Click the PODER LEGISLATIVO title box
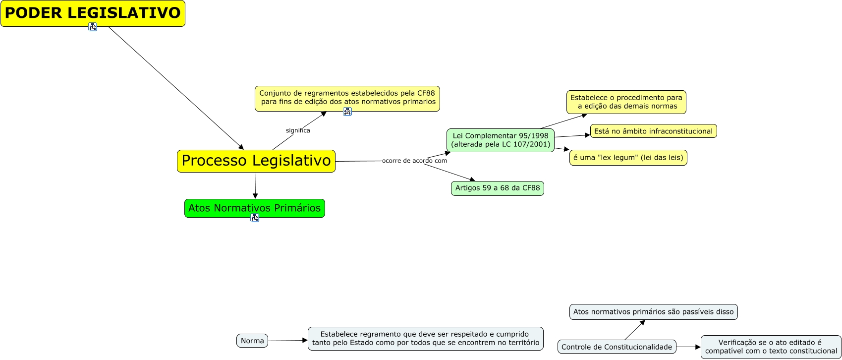[93, 13]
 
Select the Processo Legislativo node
[256, 161]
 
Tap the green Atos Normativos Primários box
[255, 208]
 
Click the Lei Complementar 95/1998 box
[501, 140]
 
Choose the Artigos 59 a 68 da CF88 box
[498, 188]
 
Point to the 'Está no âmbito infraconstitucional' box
[653, 131]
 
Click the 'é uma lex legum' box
[628, 158]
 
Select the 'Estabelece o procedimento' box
[626, 102]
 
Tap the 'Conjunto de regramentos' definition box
[347, 98]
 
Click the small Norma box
[252, 341]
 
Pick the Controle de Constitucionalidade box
[617, 347]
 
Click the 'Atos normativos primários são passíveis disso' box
[653, 312]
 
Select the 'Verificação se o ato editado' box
[771, 347]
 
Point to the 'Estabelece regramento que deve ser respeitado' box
[425, 339]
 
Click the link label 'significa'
[298, 130]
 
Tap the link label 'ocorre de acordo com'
[414, 161]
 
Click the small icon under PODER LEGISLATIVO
[93, 27]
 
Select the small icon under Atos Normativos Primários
[255, 218]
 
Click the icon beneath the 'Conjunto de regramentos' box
[347, 112]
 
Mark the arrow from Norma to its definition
[287, 341]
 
